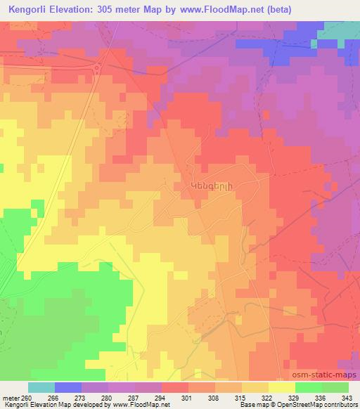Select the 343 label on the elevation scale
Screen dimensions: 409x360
pos(347,397)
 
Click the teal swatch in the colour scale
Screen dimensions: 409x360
pos(41,388)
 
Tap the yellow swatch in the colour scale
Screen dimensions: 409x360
pos(282,388)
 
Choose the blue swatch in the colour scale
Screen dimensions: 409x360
pos(68,388)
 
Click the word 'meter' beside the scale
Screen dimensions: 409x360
pos(11,397)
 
